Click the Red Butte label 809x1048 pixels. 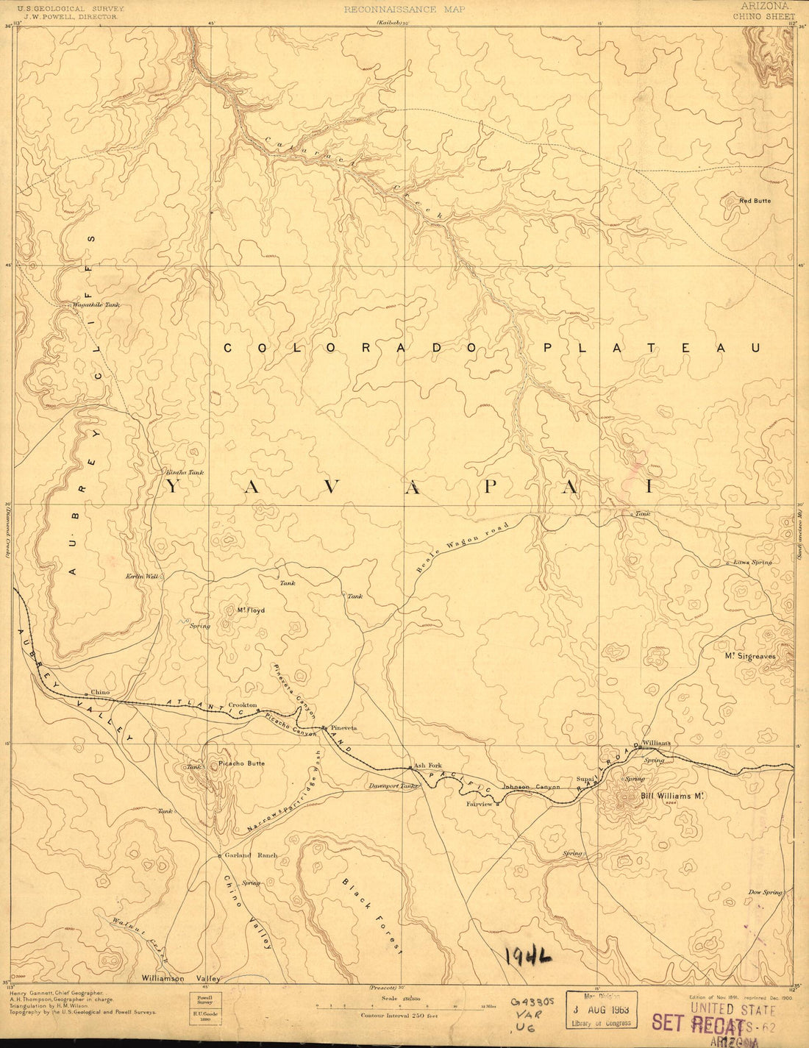[755, 200]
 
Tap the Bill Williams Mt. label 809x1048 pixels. [673, 795]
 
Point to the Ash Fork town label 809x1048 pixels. [427, 766]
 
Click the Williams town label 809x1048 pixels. [657, 743]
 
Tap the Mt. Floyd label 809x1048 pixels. [250, 610]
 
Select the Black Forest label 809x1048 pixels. [373, 915]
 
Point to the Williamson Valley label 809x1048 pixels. [180, 979]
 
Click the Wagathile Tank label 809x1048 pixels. [96, 304]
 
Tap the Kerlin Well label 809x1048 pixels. [142, 577]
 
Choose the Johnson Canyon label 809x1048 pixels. [531, 786]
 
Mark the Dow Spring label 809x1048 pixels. [765, 892]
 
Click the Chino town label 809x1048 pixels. [100, 693]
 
